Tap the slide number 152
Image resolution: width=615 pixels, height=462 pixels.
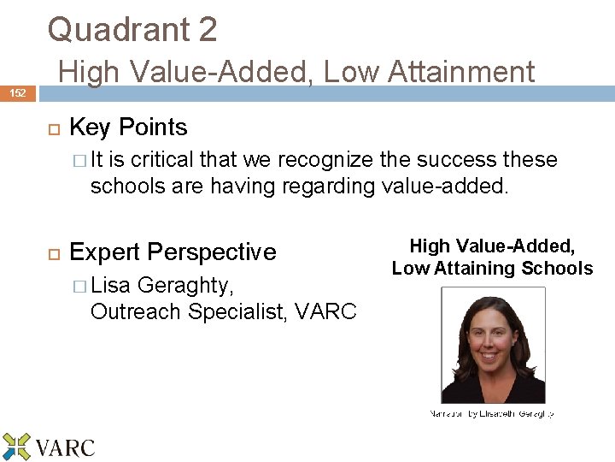[17, 92]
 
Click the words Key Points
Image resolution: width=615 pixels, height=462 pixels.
[128, 127]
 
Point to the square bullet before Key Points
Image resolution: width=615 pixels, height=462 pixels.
[51, 128]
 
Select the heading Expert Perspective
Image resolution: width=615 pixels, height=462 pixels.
[173, 252]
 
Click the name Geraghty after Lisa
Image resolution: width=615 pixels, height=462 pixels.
[184, 285]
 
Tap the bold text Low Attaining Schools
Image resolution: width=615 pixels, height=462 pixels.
[492, 269]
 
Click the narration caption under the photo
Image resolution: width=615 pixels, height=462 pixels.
[491, 415]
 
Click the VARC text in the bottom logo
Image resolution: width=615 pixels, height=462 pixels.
[65, 447]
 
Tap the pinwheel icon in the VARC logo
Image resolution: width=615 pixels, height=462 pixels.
[16, 447]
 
